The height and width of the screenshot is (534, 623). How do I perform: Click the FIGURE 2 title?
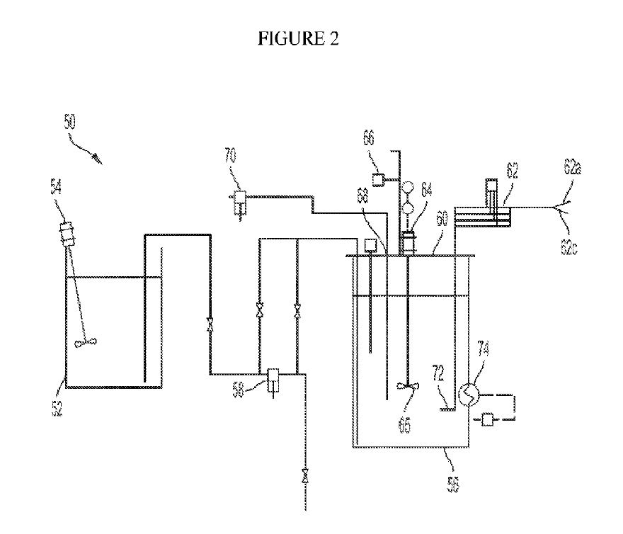click(x=298, y=40)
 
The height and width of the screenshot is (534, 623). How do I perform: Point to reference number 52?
click(x=57, y=407)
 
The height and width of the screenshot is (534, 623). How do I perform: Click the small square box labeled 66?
click(x=379, y=178)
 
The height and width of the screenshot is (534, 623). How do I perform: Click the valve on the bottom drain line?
click(x=304, y=475)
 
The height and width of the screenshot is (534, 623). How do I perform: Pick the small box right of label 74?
click(x=488, y=421)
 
